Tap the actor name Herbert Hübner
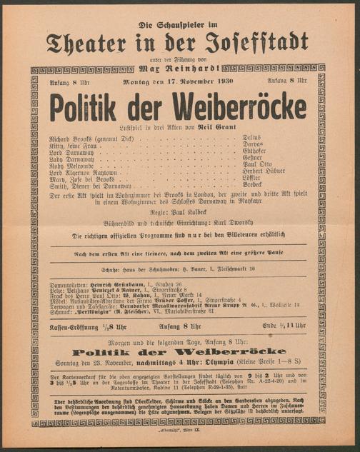(x=268, y=171)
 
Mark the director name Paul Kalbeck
(x=189, y=212)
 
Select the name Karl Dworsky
(x=226, y=223)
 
